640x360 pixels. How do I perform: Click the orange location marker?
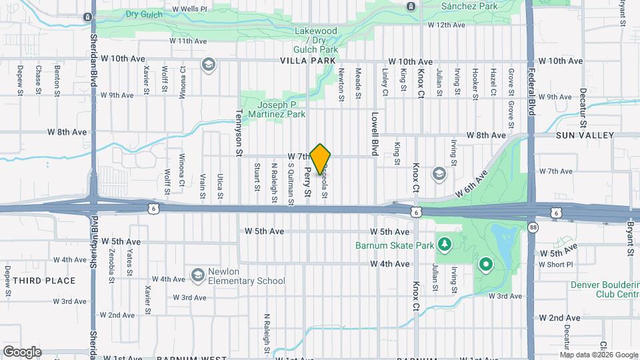click(x=321, y=159)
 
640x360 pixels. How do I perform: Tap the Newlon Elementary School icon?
click(x=197, y=275)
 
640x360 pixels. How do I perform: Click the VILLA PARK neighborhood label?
click(x=309, y=61)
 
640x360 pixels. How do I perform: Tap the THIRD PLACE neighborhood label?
click(x=44, y=281)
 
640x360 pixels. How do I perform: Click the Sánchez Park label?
click(x=470, y=6)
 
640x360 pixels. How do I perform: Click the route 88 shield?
click(x=533, y=228)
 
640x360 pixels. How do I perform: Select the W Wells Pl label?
click(x=189, y=9)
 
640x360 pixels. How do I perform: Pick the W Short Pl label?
click(x=556, y=265)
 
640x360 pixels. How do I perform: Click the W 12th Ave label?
click(x=446, y=25)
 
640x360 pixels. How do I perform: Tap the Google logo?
click(x=22, y=351)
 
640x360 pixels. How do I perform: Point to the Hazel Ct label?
click(x=493, y=83)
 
